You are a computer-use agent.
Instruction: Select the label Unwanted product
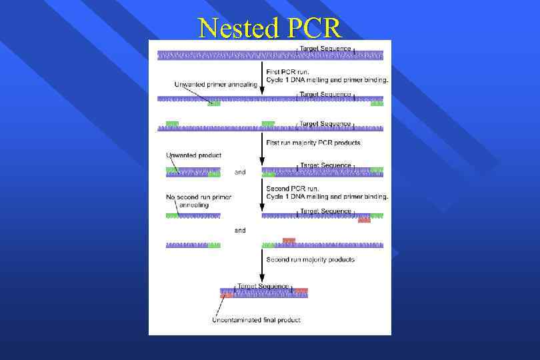click(193, 155)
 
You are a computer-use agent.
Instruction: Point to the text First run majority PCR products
click(313, 143)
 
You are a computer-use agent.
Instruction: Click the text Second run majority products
click(310, 259)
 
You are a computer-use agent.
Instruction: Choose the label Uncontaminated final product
click(256, 320)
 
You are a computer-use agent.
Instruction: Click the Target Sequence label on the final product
click(263, 285)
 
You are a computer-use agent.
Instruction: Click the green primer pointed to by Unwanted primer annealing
click(214, 104)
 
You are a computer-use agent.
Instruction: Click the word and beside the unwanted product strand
click(240, 172)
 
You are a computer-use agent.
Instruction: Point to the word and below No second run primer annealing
click(240, 230)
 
